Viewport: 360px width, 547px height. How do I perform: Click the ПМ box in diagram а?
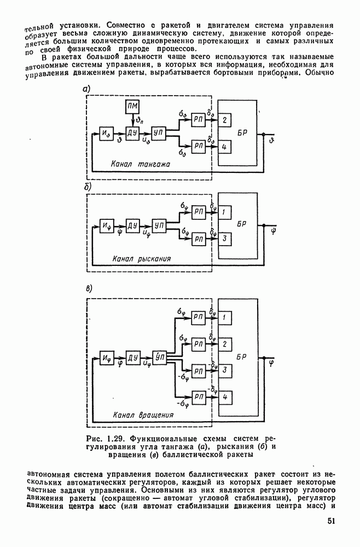coord(132,106)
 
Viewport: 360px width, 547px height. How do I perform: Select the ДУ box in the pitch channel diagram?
coord(132,133)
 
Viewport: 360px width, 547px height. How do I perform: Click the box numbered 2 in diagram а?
coord(224,120)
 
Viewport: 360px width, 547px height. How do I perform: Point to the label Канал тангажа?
coord(141,164)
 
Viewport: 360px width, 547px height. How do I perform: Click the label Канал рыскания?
coord(142,259)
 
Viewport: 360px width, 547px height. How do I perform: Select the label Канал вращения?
coord(139,415)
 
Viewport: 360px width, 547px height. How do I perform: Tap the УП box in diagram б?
coord(159,225)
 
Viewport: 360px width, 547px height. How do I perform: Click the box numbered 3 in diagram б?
coord(224,238)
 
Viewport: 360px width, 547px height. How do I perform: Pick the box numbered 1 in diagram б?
coord(224,212)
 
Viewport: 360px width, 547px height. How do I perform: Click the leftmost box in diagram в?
coord(107,358)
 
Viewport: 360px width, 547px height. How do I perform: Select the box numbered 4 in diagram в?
coord(224,396)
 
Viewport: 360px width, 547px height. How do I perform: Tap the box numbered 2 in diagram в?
coord(224,344)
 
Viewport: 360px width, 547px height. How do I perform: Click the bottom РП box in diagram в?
coord(199,396)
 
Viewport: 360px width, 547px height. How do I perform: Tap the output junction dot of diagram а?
coord(263,133)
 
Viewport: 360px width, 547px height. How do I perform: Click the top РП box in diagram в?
coord(199,317)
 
